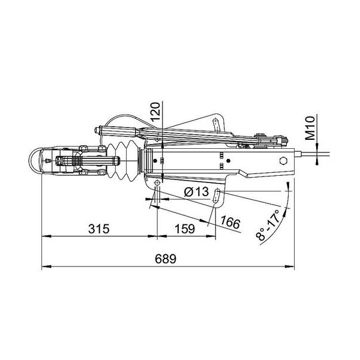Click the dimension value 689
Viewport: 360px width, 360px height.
point(166,259)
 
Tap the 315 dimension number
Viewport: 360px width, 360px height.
point(99,229)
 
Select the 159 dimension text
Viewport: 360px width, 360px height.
point(185,229)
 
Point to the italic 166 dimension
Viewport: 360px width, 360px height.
point(230,223)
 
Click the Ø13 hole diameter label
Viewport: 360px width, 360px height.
point(196,192)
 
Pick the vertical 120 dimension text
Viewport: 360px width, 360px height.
point(155,112)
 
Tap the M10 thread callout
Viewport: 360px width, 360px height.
point(310,128)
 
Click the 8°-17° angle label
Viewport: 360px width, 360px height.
point(269,225)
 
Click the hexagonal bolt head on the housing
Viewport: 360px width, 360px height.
point(284,160)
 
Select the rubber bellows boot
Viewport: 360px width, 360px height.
point(123,160)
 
